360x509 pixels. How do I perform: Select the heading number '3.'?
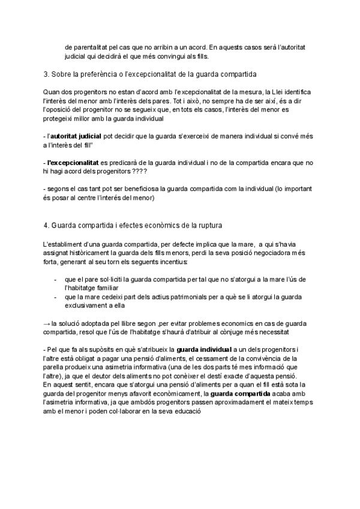point(47,74)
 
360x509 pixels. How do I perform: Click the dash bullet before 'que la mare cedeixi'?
point(56,297)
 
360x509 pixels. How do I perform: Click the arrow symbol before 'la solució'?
point(47,323)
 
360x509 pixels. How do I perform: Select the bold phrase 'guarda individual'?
point(202,349)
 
